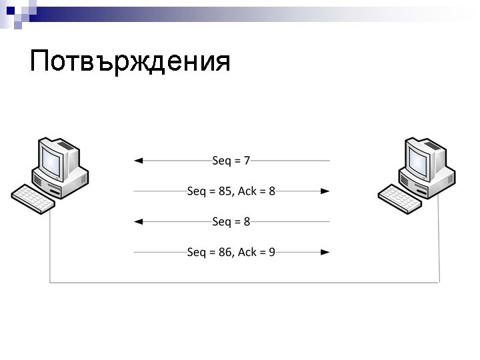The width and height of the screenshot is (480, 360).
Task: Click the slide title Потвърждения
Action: pos(130,61)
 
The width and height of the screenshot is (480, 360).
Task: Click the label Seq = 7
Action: pos(231,161)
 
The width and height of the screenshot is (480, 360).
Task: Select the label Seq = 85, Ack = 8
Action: pos(231,191)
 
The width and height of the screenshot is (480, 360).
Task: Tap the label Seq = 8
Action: pos(231,221)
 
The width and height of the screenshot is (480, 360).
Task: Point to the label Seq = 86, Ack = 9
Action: pos(231,252)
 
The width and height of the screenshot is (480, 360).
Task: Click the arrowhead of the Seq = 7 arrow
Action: pos(138,161)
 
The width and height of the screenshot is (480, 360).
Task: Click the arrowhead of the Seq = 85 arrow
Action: pos(325,191)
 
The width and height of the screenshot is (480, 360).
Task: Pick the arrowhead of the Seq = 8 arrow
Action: pos(138,221)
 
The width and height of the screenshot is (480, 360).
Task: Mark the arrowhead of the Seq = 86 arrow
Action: pos(325,252)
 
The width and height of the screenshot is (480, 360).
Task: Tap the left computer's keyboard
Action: pos(33,197)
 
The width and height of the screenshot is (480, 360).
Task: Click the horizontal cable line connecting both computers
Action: pos(244,283)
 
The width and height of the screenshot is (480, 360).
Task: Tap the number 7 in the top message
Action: pos(247,161)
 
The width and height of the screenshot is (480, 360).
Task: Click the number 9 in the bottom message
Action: pos(272,252)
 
